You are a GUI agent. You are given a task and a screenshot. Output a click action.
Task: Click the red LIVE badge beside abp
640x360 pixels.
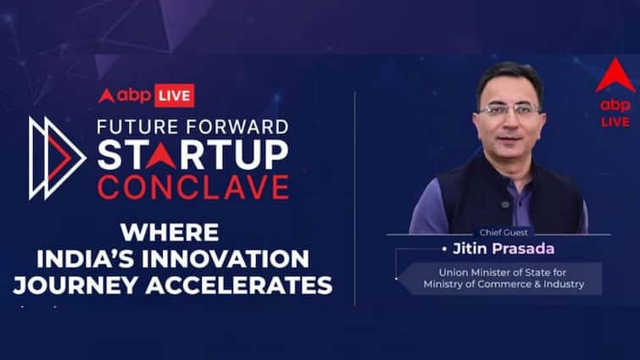click(x=175, y=96)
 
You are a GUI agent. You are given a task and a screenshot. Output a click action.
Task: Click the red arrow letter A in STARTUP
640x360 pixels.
click(x=161, y=155)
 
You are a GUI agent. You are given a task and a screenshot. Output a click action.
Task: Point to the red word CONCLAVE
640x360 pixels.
click(x=193, y=187)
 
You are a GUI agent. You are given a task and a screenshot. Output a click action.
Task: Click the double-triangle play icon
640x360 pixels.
click(x=57, y=158)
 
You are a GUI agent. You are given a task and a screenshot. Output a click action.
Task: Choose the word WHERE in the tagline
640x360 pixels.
click(x=170, y=232)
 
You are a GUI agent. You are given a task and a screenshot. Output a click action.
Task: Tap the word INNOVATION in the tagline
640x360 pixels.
click(x=225, y=258)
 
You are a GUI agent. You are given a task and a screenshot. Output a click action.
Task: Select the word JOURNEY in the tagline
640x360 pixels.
click(x=75, y=285)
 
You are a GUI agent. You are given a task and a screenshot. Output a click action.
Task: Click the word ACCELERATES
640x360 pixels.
click(x=239, y=285)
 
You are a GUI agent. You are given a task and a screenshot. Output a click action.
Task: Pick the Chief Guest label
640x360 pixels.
click(x=504, y=232)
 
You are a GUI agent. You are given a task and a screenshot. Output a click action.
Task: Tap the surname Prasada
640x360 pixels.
click(x=523, y=249)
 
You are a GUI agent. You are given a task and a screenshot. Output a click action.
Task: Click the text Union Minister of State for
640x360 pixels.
click(x=503, y=272)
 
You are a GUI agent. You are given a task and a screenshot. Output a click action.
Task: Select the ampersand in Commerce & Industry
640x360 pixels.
click(x=533, y=284)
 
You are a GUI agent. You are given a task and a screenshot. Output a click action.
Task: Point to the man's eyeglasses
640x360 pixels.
click(x=510, y=110)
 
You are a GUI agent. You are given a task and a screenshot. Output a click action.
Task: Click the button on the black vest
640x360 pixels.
click(x=505, y=204)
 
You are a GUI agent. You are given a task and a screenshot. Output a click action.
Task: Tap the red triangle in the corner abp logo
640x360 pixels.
click(x=615, y=75)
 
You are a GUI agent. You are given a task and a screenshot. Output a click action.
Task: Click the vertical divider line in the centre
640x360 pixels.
click(x=354, y=199)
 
